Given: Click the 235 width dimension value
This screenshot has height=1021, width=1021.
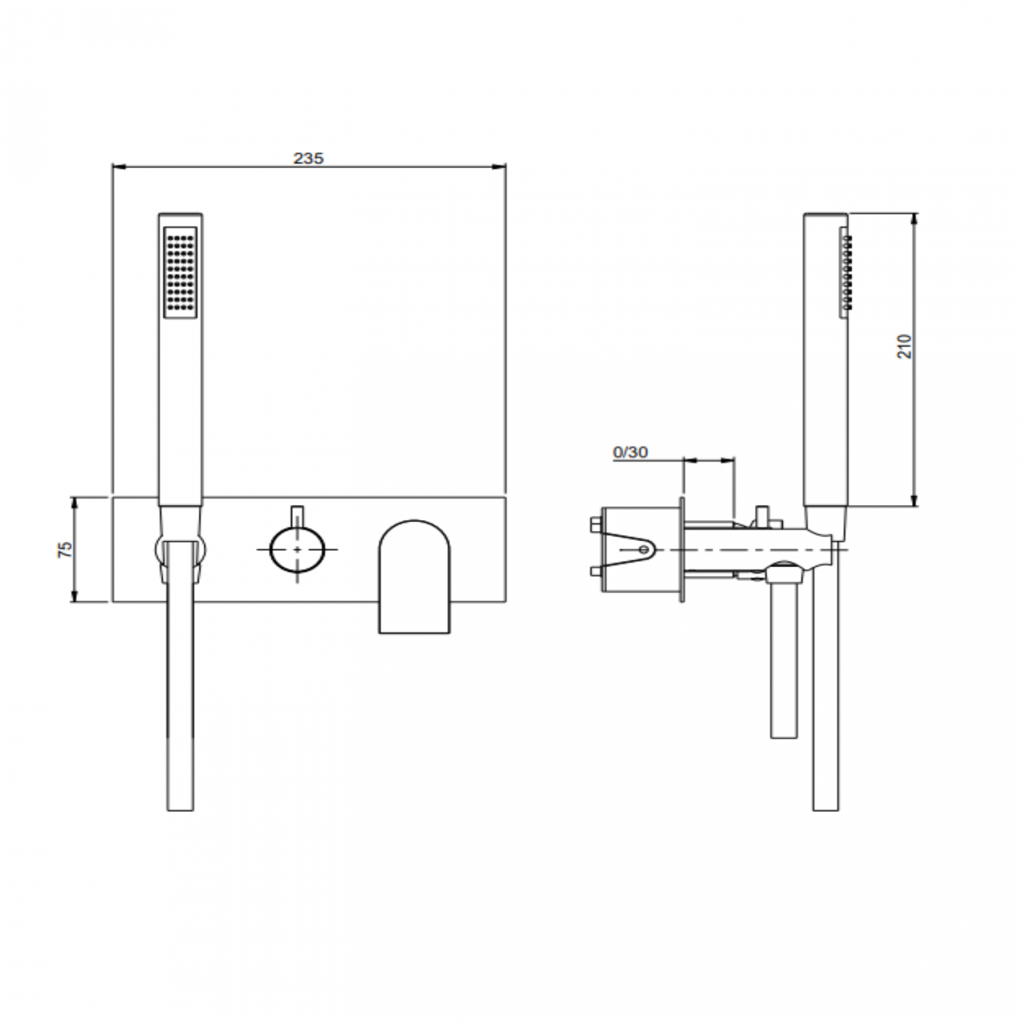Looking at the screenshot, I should click(309, 158).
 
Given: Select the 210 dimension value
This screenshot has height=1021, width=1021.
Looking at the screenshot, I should click(906, 346).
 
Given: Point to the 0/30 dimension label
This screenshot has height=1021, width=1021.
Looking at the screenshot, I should click(630, 452).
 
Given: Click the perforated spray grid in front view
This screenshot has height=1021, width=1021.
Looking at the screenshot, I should click(181, 272).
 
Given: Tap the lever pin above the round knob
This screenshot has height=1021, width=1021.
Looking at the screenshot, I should click(296, 515).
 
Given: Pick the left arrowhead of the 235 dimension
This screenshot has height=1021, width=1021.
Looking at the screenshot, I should click(118, 166).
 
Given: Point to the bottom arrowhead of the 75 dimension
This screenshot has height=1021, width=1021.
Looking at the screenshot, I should click(75, 598).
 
